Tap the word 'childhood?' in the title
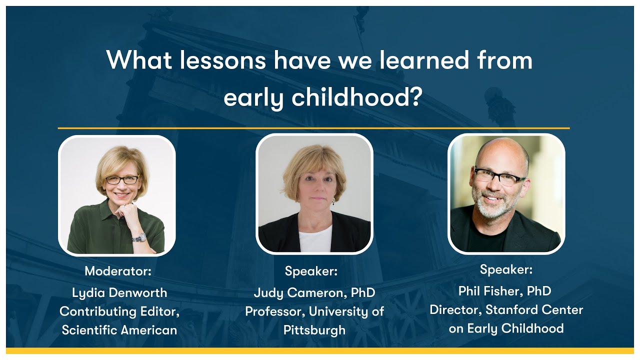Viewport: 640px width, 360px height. click(x=356, y=97)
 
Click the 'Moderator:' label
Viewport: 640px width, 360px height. click(x=118, y=271)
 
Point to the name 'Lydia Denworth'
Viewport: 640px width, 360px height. click(x=119, y=292)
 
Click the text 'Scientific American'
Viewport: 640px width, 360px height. click(x=119, y=330)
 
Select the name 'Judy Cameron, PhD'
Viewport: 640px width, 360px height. click(x=314, y=292)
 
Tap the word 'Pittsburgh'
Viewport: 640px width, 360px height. click(x=314, y=330)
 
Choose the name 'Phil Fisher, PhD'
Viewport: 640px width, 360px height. click(x=504, y=290)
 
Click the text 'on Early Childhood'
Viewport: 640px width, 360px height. click(x=506, y=328)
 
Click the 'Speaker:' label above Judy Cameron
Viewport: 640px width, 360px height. click(x=311, y=271)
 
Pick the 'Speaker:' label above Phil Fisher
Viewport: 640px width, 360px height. click(x=506, y=269)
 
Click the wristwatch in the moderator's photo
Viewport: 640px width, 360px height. click(x=139, y=237)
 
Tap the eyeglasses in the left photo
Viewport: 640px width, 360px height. click(x=121, y=179)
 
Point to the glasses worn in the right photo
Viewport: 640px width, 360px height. click(x=499, y=176)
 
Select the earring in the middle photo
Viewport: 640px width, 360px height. click(x=333, y=201)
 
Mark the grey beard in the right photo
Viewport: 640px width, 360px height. click(x=493, y=208)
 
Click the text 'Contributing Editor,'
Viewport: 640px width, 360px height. click(x=119, y=311)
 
